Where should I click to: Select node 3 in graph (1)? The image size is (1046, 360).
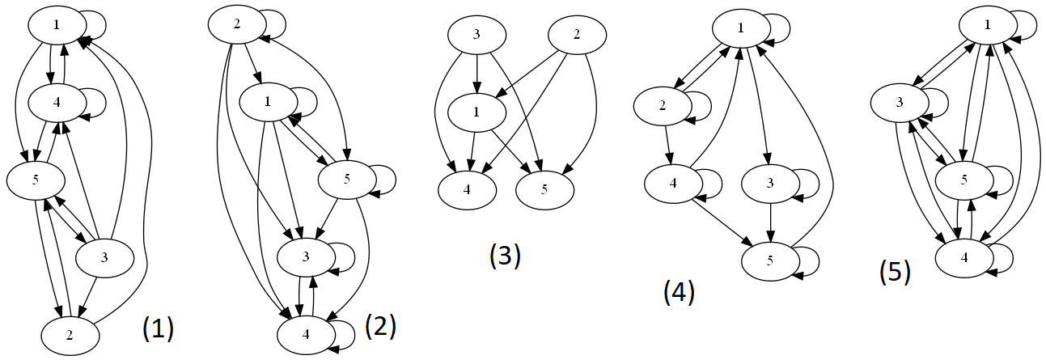104,258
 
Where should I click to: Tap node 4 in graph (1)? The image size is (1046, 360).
57,103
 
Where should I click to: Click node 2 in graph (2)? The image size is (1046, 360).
237,24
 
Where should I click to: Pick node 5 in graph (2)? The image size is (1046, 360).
346,180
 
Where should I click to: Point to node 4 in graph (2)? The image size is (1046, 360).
306,332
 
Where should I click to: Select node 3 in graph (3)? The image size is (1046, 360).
477,35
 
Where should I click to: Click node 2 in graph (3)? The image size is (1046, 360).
577,35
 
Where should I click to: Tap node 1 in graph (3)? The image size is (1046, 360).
477,112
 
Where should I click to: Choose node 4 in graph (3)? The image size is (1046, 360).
467,189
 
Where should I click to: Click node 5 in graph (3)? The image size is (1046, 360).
544,189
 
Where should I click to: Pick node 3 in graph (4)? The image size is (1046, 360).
770,183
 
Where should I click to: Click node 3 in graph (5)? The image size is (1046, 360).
899,103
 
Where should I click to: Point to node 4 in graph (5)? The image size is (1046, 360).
963,258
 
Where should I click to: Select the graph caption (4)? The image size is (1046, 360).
679,292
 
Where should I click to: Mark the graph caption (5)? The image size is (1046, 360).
895,273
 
